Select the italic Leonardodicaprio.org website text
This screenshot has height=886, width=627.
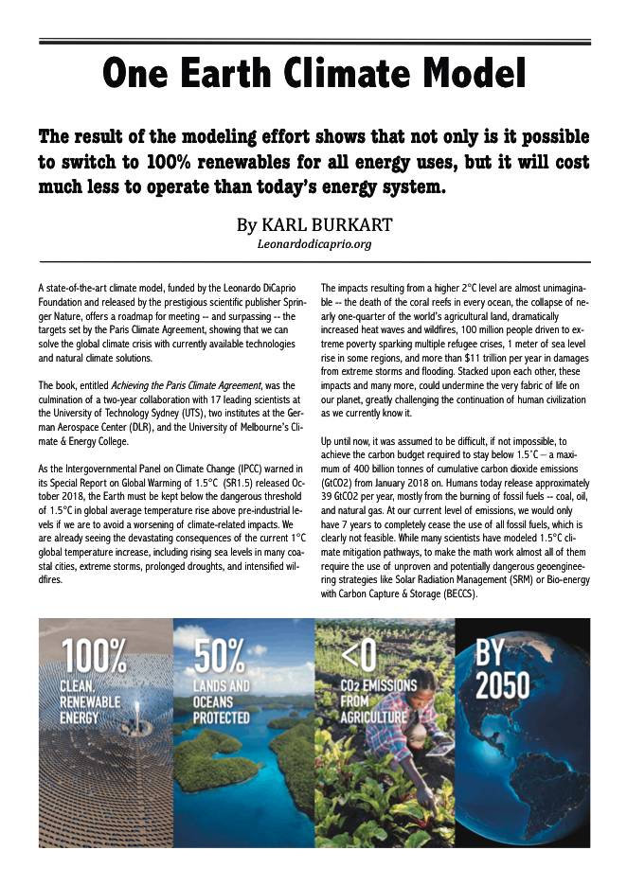coord(313,244)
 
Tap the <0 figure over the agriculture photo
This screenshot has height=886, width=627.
coord(355,654)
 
